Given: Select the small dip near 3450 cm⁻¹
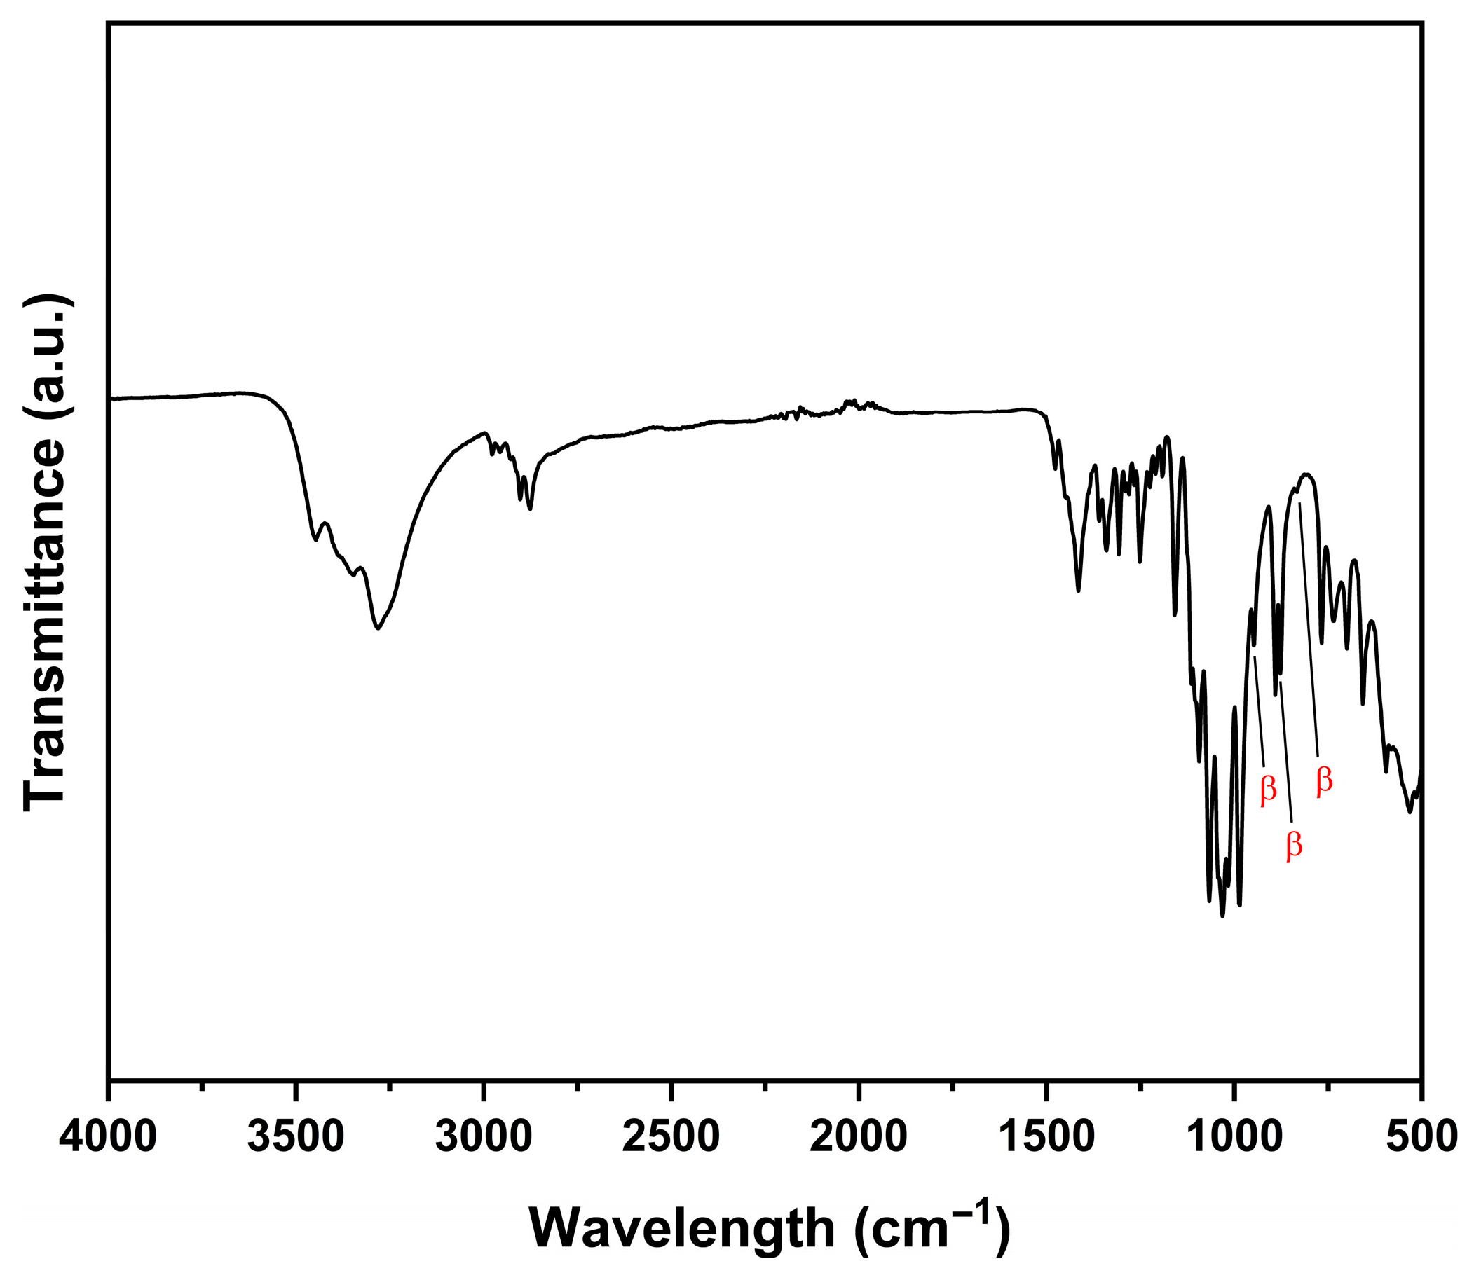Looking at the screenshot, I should [315, 541].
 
